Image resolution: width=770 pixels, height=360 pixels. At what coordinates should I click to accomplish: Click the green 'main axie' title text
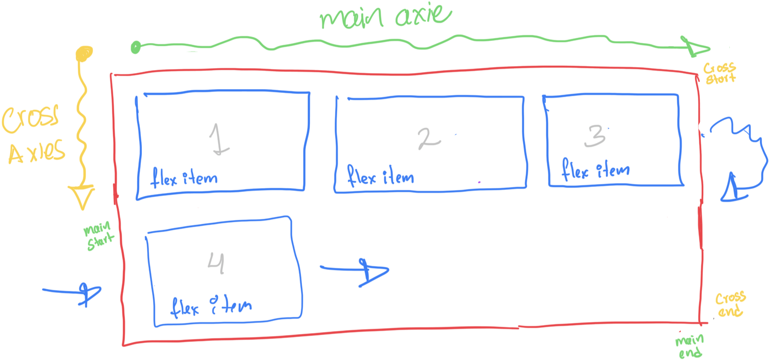coord(385,16)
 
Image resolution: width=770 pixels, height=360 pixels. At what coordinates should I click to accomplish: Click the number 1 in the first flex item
coord(219,139)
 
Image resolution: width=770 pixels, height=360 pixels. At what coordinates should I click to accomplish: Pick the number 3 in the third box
coord(595,136)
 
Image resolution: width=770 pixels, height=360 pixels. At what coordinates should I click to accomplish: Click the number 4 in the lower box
coord(216,263)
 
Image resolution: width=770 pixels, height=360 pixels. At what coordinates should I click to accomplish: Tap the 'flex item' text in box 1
coord(184,178)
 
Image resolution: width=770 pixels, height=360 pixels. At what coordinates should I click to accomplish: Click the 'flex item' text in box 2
coord(380,176)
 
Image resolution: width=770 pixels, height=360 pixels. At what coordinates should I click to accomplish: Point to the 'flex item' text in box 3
coord(595,170)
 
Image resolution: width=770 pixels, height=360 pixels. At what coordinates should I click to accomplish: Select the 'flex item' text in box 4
coord(211,307)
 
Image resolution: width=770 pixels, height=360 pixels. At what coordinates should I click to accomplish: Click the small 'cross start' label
coord(720,73)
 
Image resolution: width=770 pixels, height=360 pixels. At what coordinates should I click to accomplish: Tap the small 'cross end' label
coord(730,305)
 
